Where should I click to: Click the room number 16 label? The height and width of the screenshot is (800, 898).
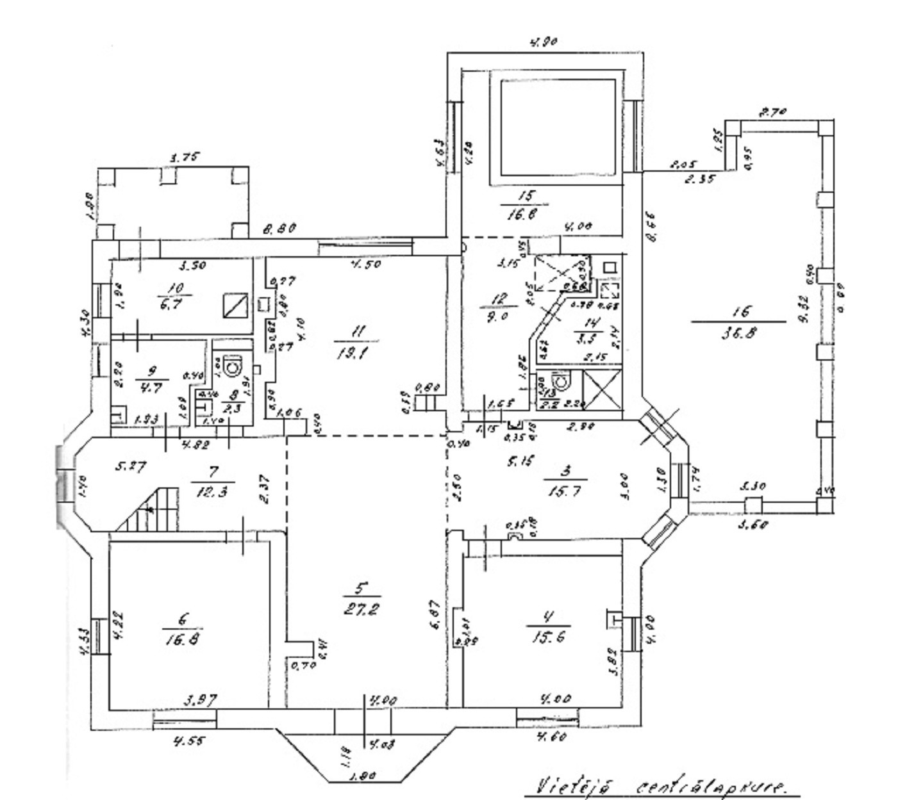[x=739, y=312]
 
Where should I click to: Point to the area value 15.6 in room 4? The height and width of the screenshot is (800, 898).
[x=548, y=638]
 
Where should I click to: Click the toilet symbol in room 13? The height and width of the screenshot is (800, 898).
[x=561, y=382]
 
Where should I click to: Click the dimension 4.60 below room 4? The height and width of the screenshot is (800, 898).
[x=552, y=737]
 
